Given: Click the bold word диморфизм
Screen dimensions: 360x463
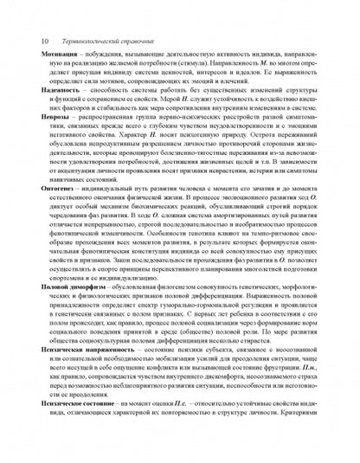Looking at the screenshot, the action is (x=85, y=332).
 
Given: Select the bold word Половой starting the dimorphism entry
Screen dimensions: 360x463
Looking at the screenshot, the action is (x=43, y=332).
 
